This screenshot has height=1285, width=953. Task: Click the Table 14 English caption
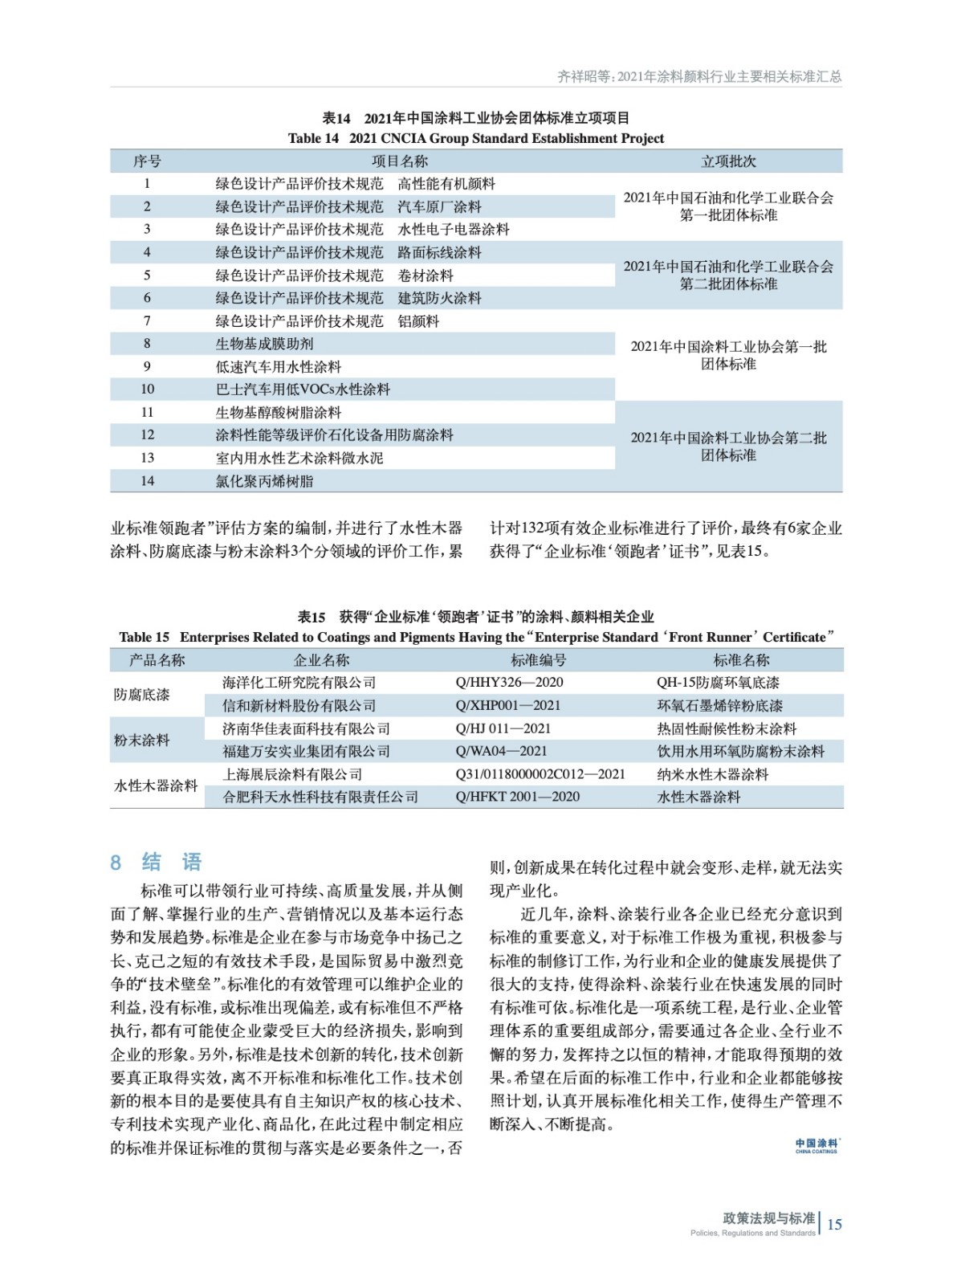[x=475, y=138]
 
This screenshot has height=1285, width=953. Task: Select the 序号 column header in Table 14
[x=147, y=161]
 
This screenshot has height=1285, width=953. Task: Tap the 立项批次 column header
[x=728, y=161]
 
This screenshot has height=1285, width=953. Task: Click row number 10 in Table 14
[x=147, y=390]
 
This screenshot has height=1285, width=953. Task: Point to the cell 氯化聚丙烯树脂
[x=264, y=481]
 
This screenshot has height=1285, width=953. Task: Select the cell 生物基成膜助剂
[x=264, y=344]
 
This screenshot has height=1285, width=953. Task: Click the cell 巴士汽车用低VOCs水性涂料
[x=303, y=390]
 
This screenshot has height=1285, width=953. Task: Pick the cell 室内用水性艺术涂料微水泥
[x=299, y=458]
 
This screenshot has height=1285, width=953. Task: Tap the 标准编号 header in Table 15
[x=538, y=660]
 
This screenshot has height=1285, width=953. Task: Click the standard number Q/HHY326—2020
[x=509, y=683]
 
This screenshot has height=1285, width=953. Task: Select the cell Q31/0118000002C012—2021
[x=540, y=774]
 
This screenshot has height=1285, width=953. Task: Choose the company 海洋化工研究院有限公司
[x=299, y=683]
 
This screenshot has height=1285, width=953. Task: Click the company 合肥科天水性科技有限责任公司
[x=320, y=798]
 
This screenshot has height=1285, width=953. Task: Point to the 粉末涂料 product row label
[x=142, y=740]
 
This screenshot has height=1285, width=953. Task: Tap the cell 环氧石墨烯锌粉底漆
[x=719, y=706]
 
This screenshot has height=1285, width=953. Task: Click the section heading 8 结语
[x=156, y=863]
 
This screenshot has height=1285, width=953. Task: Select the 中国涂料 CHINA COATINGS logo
[x=817, y=1145]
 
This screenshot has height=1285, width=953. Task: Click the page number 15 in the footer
[x=834, y=1224]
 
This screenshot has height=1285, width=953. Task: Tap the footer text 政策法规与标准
[x=768, y=1218]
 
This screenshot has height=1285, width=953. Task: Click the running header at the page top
[x=698, y=76]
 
